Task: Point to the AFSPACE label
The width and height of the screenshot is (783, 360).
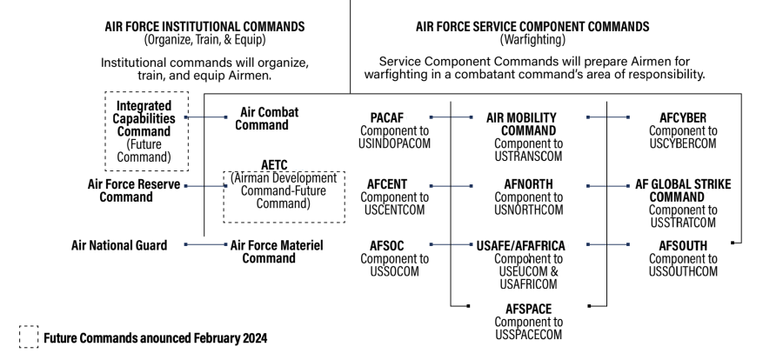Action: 528,307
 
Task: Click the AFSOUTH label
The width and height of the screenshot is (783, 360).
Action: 683,246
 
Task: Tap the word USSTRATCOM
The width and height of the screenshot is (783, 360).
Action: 683,222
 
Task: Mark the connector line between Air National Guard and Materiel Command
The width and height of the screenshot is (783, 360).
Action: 206,246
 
